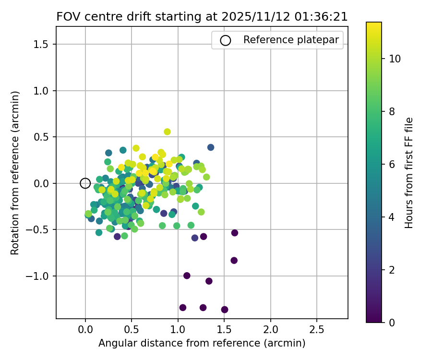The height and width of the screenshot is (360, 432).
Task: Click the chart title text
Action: coord(202,16)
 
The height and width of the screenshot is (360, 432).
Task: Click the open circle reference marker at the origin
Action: coord(85,183)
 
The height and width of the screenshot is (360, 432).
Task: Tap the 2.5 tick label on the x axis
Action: coord(317,331)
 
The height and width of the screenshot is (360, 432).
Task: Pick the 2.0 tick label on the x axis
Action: coord(271,331)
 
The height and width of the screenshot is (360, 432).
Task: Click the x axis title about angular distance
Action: coord(202,343)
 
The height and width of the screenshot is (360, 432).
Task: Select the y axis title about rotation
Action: coord(16,173)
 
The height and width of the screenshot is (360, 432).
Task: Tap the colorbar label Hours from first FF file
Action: coord(409,173)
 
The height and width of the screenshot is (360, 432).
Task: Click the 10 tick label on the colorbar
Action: coord(395,59)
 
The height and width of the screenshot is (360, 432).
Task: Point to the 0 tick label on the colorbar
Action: coord(392,323)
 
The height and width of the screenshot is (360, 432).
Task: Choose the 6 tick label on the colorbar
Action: coord(392,164)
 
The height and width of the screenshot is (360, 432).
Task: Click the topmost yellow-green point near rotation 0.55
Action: coord(167,132)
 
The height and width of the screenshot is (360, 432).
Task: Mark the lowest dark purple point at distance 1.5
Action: coord(225,310)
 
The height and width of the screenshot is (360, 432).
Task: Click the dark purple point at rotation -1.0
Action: coord(187,276)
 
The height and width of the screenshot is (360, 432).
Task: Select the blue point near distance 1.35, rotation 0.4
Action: coord(211,147)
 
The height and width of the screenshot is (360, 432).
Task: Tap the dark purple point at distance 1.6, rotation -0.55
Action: coord(235,233)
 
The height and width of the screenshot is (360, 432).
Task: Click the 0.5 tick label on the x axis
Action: coord(132,331)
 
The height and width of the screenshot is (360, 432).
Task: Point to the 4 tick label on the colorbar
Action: coord(392,217)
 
